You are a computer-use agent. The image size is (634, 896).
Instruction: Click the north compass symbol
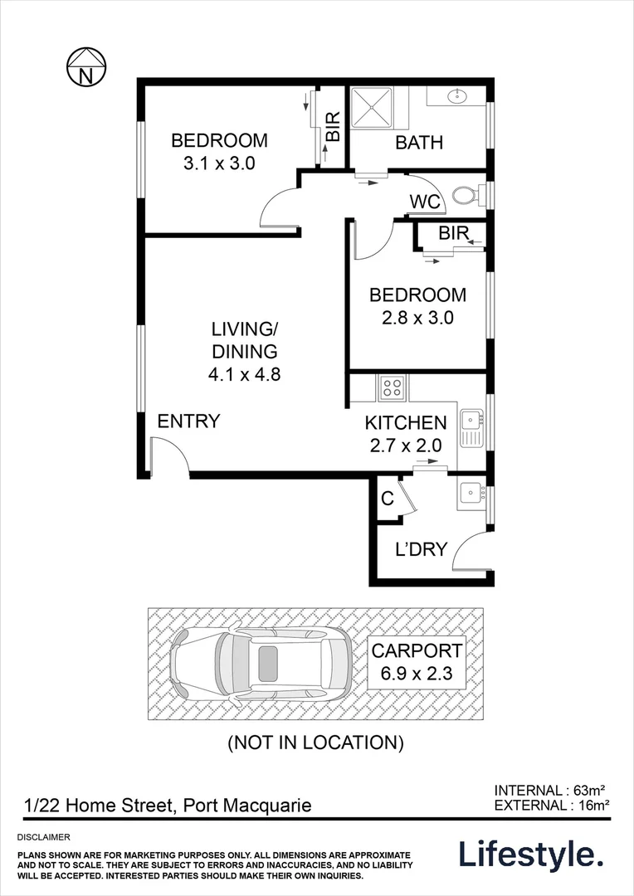point(85,66)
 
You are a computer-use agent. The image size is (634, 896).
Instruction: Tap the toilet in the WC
point(465,197)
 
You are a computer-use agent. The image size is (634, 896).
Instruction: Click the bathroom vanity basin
point(456,97)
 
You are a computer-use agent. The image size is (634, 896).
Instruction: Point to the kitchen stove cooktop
point(391,386)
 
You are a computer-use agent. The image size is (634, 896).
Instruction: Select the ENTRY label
point(188,421)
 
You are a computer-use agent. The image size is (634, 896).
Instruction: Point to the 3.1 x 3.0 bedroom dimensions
point(219,163)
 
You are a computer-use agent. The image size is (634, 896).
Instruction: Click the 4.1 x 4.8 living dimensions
point(244,373)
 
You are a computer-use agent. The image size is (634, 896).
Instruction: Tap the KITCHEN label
point(406,423)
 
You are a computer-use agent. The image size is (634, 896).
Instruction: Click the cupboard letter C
point(387,499)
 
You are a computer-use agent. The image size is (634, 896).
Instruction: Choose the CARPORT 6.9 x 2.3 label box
point(417,662)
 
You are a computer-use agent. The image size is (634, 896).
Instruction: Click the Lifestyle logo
point(531,854)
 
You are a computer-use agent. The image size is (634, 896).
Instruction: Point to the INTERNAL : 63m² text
point(552,790)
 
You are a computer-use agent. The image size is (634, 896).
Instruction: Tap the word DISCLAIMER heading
point(43,838)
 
